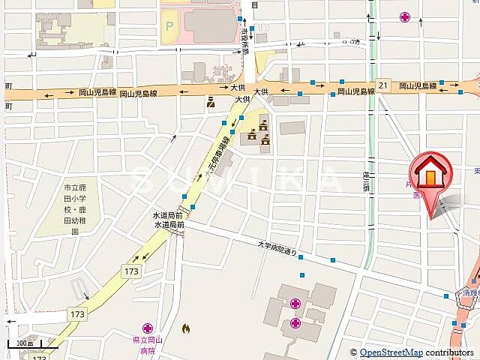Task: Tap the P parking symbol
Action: click(x=169, y=26)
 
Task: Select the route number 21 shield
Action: click(x=383, y=86)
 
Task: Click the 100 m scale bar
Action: click(x=23, y=344)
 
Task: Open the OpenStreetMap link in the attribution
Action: click(x=391, y=352)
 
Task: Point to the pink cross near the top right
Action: click(x=406, y=16)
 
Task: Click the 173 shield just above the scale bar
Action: click(x=75, y=313)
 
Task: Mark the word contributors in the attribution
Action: click(x=449, y=352)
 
